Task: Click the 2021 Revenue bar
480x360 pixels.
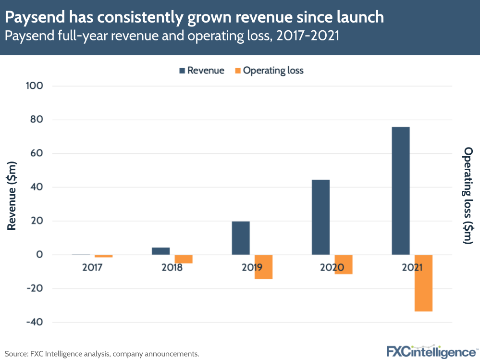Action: pyautogui.click(x=401, y=191)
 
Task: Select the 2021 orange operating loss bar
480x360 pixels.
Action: pyautogui.click(x=423, y=283)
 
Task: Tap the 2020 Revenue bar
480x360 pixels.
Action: pyautogui.click(x=320, y=217)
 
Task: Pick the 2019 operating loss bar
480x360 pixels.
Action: pyautogui.click(x=263, y=267)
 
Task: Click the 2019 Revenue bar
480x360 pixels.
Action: pyautogui.click(x=241, y=238)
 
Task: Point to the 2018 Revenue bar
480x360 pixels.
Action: pyautogui.click(x=160, y=251)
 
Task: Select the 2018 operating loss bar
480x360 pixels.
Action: pyautogui.click(x=183, y=259)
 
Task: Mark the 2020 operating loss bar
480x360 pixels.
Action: pyautogui.click(x=344, y=264)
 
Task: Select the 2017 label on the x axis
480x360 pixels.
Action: pyautogui.click(x=92, y=267)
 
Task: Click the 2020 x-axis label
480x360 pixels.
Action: pyautogui.click(x=332, y=267)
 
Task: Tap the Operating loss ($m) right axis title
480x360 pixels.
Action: pyautogui.click(x=468, y=196)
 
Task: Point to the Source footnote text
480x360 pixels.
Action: pyautogui.click(x=102, y=354)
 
